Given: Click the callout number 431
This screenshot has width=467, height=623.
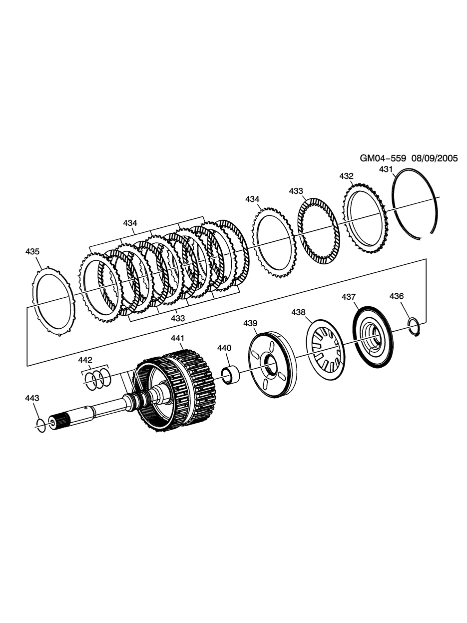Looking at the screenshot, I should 386,169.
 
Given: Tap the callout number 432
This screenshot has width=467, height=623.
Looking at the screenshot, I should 346,176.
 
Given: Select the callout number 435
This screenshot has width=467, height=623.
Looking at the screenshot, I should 32,252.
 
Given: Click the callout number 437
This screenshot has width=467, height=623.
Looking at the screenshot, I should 348,297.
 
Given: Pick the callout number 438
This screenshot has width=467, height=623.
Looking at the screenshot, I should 299,312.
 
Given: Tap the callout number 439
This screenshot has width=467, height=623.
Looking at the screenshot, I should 250,323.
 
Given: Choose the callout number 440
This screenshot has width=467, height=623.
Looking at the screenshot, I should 224,348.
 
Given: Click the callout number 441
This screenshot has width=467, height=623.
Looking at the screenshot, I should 177,338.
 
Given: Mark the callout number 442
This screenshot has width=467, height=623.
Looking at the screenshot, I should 85,360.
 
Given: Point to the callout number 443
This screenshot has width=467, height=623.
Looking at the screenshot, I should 32,398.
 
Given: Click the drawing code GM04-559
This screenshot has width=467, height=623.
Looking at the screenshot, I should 383,158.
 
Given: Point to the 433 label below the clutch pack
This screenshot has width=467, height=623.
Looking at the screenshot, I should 178,318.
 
